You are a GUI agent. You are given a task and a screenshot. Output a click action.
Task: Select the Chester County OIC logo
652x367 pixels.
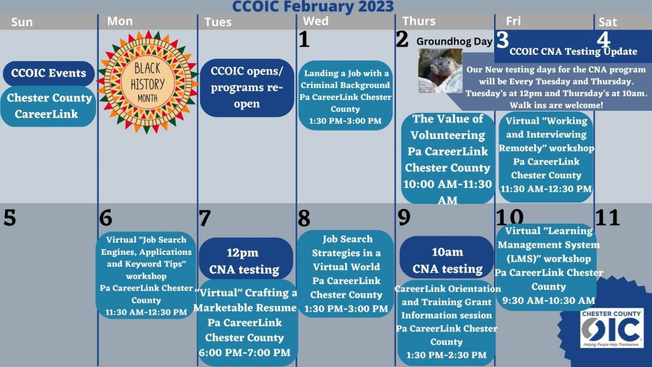pyautogui.click(x=611, y=329)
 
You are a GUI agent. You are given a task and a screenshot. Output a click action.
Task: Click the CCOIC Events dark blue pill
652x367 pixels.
pyautogui.click(x=49, y=73)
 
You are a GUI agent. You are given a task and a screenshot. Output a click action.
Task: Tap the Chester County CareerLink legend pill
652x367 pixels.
pyautogui.click(x=49, y=106)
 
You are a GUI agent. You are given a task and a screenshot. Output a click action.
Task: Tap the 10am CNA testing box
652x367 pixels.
pyautogui.click(x=447, y=260)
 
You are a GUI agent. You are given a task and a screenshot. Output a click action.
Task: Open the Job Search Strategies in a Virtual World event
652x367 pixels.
pyautogui.click(x=346, y=273)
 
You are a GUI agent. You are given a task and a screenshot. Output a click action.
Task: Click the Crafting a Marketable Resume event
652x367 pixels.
pyautogui.click(x=246, y=322)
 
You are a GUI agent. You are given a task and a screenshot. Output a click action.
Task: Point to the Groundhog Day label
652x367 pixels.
pyautogui.click(x=455, y=41)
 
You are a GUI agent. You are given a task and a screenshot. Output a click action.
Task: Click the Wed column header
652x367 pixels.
pyautogui.click(x=316, y=21)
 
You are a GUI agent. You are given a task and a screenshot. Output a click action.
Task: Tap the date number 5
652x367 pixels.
pyautogui.click(x=10, y=218)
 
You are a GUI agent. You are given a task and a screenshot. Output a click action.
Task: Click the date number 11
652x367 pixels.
pyautogui.click(x=607, y=217)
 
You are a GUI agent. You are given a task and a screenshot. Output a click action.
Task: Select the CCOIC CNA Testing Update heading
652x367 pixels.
pyautogui.click(x=573, y=52)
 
